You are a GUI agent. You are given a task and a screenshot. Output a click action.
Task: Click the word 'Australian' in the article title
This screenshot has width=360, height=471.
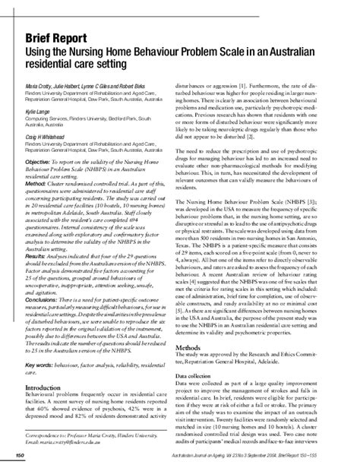click(289, 52)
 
